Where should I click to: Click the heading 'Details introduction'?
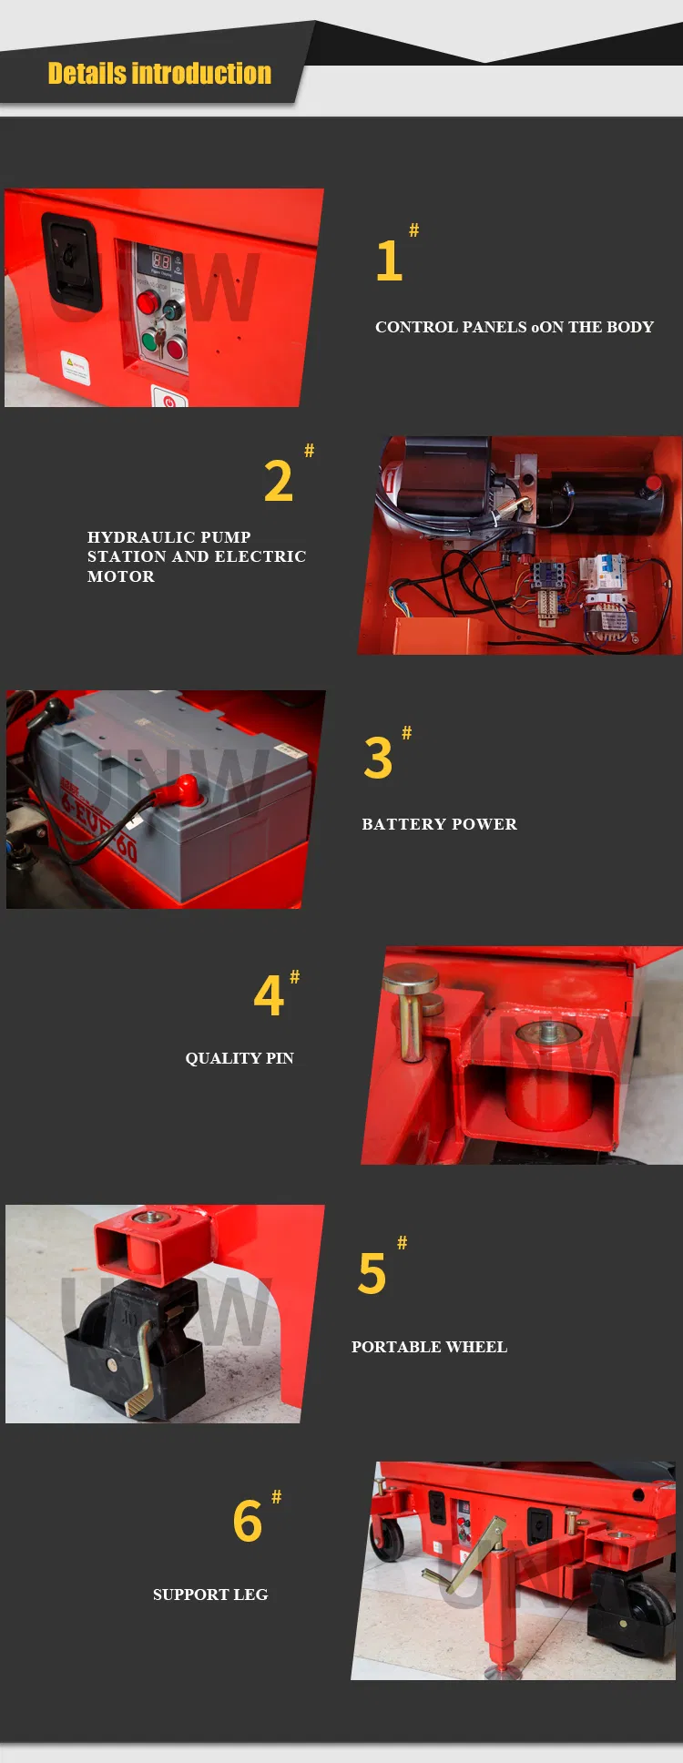(x=159, y=73)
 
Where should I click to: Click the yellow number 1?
(x=389, y=261)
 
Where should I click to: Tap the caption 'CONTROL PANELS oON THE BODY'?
(x=514, y=327)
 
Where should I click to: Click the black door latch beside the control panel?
(x=71, y=261)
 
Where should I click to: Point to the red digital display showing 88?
(x=161, y=260)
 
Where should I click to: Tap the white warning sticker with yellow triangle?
(x=76, y=367)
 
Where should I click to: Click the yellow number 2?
(x=279, y=481)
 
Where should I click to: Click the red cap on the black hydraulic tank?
(x=653, y=483)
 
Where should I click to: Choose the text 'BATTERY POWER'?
(x=439, y=824)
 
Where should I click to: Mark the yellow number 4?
(x=269, y=995)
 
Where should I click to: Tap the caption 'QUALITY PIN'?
(x=240, y=1058)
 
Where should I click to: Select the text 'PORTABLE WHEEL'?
(x=429, y=1347)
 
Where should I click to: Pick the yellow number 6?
(x=248, y=1522)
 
